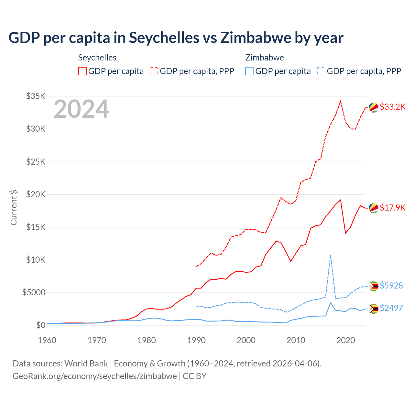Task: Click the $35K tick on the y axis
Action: [36, 96]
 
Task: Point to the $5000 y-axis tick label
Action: [34, 292]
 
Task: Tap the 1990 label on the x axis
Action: [196, 340]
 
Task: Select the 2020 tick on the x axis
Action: [346, 340]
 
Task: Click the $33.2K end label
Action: [392, 107]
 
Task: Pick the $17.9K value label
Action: [392, 208]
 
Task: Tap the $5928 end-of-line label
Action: [391, 286]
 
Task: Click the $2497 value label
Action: [391, 308]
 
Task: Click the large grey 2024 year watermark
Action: [81, 109]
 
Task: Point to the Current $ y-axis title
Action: [14, 208]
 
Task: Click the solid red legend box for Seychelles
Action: [82, 71]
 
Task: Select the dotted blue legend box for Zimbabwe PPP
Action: [321, 71]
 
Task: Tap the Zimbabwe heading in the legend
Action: [265, 58]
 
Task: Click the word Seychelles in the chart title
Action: [164, 38]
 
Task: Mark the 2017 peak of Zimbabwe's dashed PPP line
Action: [330, 255]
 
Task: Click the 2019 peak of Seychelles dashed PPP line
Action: [340, 101]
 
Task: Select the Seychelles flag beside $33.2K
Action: [374, 108]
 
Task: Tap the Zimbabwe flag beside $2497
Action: [374, 309]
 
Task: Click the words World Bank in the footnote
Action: [86, 364]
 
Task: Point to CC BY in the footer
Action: [194, 376]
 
